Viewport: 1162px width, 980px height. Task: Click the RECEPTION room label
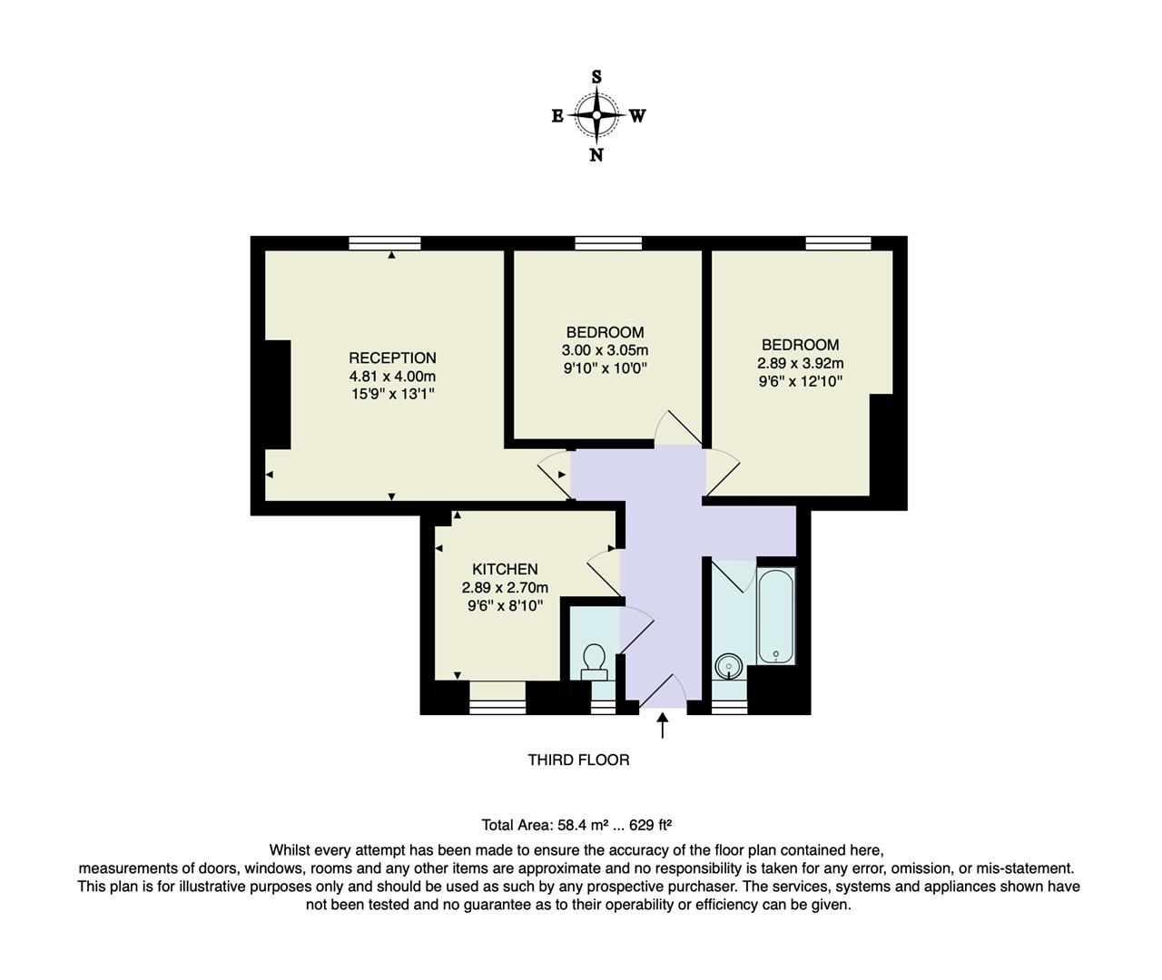(x=392, y=358)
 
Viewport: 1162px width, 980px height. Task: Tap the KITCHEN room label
(x=505, y=569)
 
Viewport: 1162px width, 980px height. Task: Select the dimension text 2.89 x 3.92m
(x=800, y=363)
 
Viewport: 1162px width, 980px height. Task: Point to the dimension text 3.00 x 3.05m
(x=605, y=350)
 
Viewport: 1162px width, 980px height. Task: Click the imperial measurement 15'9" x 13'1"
(x=392, y=394)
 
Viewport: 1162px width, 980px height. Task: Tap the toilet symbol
(x=595, y=661)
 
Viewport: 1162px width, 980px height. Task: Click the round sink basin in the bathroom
(x=728, y=667)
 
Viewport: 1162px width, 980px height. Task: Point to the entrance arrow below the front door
(x=663, y=725)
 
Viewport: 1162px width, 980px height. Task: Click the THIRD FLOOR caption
(x=578, y=759)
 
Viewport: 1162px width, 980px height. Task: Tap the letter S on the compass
(x=596, y=77)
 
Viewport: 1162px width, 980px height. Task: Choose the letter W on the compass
(x=637, y=116)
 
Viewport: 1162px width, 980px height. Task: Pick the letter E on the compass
(x=557, y=116)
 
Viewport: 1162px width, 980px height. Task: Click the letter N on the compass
(x=596, y=155)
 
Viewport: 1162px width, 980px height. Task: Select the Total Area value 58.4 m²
(x=581, y=825)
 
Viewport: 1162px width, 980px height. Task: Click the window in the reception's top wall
(x=385, y=242)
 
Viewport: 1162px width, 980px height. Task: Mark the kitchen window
(x=497, y=700)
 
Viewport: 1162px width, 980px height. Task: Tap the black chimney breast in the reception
(x=277, y=394)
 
